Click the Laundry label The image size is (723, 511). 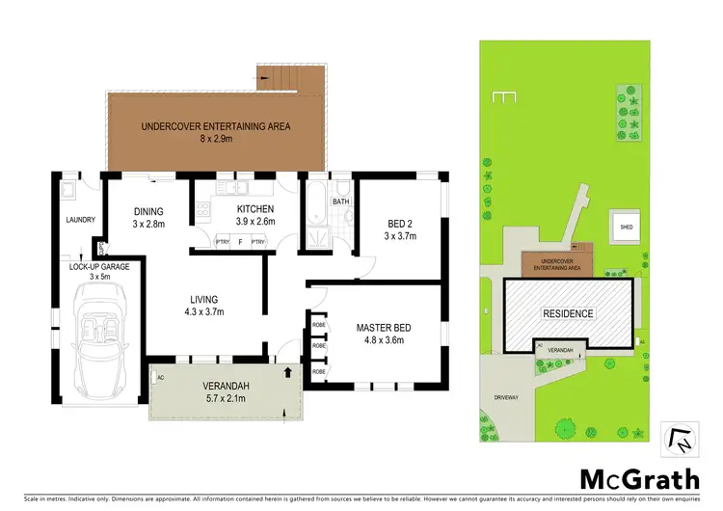pyautogui.click(x=80, y=220)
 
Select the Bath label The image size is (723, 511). pyautogui.click(x=340, y=202)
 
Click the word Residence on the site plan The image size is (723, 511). pyautogui.click(x=567, y=314)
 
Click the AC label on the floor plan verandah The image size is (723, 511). pyautogui.click(x=161, y=377)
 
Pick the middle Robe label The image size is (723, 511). pyautogui.click(x=317, y=346)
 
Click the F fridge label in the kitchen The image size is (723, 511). pyautogui.click(x=240, y=242)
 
